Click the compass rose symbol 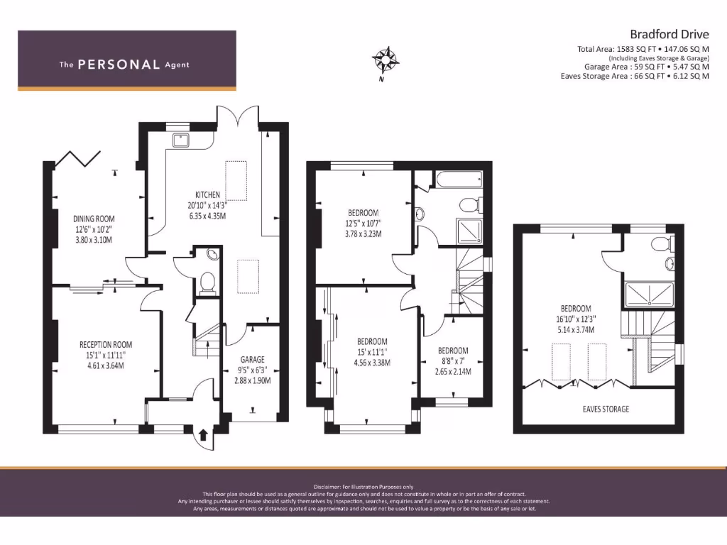pos(386,60)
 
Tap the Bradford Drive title pos(669,34)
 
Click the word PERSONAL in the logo pos(119,65)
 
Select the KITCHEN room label pos(207,194)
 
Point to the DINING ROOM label pos(94,219)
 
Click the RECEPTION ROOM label pos(106,344)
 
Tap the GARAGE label pos(252,359)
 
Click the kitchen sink pos(181,140)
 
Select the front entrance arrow pos(203,435)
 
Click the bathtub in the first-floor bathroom pos(459,180)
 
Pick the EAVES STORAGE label pos(606,409)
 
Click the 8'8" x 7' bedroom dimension pos(453,361)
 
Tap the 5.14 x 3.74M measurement pos(576,329)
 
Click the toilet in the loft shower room pos(662,244)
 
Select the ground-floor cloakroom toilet pos(207,284)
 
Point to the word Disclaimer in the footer pos(327,487)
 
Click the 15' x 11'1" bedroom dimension pos(372,352)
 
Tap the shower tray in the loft pos(649,294)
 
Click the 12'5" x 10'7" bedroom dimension pos(363,224)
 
